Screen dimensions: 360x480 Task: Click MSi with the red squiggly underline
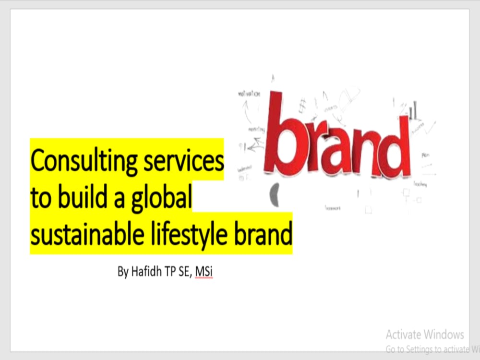coord(204,272)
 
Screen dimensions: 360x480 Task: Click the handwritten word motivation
coord(249,94)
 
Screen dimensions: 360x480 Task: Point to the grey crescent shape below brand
coord(275,194)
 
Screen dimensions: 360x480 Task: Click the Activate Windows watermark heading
coord(425,334)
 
